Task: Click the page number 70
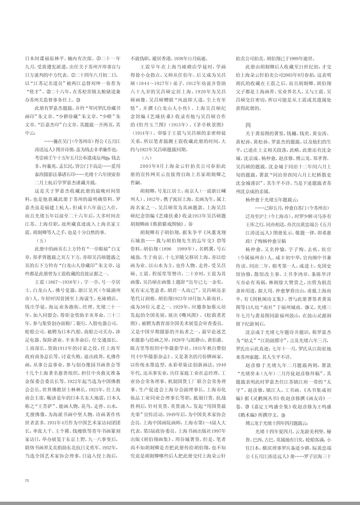(x=27, y=480)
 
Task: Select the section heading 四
(x=248, y=125)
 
